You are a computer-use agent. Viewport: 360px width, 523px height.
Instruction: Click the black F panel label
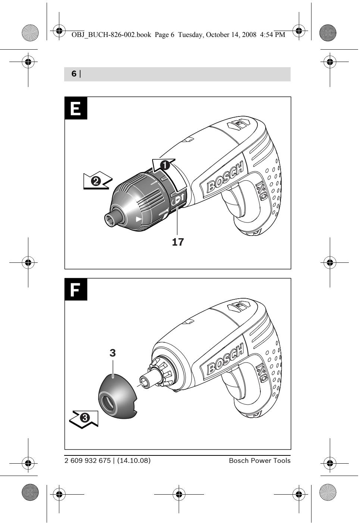tap(76, 289)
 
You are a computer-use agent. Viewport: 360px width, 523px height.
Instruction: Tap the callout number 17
tap(178, 242)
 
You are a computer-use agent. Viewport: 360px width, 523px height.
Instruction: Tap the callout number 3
tap(113, 353)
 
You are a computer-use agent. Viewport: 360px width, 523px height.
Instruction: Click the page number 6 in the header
tap(74, 74)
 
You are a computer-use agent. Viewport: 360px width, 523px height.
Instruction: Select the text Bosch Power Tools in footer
tap(259, 461)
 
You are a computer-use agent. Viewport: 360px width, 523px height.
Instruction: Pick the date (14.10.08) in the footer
tap(134, 461)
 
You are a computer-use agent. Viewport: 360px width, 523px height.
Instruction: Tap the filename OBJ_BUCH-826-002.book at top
tap(111, 35)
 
